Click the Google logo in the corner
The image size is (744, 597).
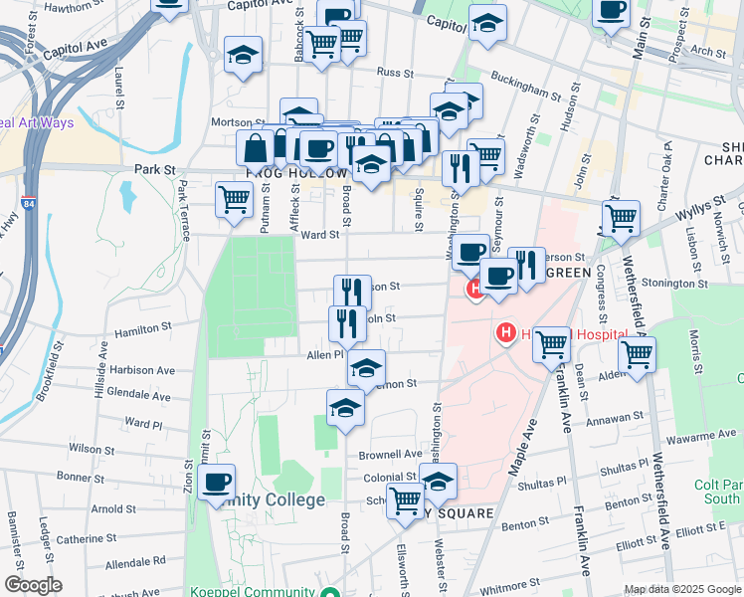pyautogui.click(x=33, y=585)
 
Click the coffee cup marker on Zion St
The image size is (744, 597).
pyautogui.click(x=217, y=484)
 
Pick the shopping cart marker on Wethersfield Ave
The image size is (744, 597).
pyautogui.click(x=636, y=353)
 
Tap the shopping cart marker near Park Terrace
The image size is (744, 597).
pyautogui.click(x=234, y=198)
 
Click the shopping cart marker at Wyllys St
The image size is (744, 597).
pyautogui.click(x=621, y=216)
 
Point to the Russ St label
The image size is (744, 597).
pyautogui.click(x=395, y=72)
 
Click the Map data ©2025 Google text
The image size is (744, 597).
pyautogui.click(x=682, y=589)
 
